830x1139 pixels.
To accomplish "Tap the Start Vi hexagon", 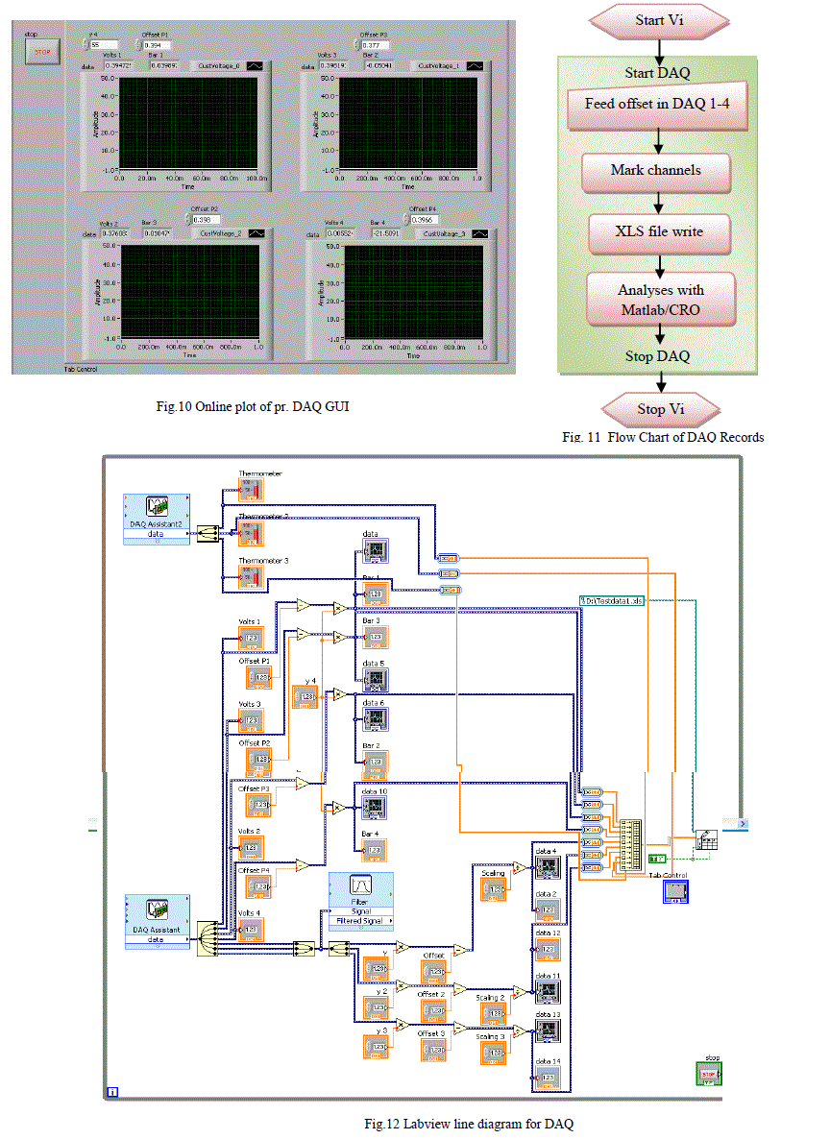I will coord(657,20).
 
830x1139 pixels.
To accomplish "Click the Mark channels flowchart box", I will coord(656,171).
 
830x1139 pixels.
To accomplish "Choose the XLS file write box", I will coord(658,231).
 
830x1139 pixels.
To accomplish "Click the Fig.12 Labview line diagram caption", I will coord(468,1124).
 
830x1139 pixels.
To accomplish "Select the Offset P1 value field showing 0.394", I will coord(157,44).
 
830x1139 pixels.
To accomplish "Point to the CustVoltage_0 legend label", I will coord(220,66).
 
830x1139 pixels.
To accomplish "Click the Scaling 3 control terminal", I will coord(493,1053).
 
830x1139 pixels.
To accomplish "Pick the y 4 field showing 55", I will coord(104,44).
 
